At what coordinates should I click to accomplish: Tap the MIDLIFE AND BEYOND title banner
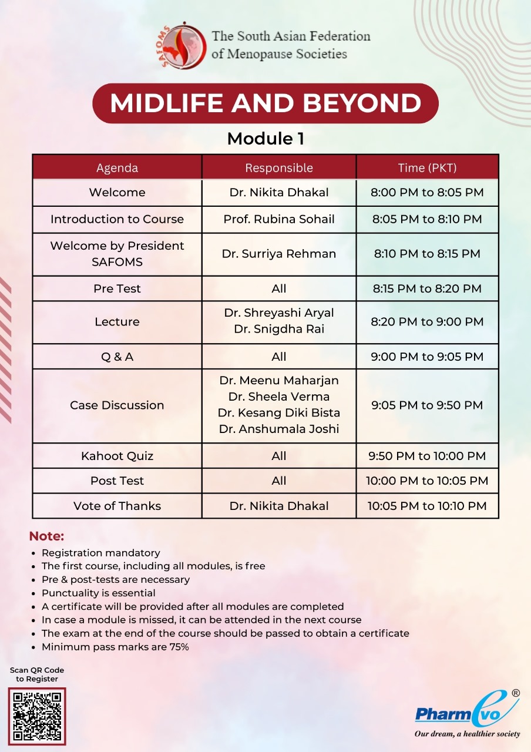(265, 103)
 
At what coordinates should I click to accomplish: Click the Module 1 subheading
(265, 139)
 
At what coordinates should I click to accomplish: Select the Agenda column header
(117, 167)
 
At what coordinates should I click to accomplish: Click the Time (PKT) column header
(427, 167)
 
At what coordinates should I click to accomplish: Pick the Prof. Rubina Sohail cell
(279, 219)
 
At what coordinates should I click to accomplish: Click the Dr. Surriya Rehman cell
(279, 254)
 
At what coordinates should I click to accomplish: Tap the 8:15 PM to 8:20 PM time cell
(427, 288)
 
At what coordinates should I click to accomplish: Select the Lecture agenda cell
(117, 322)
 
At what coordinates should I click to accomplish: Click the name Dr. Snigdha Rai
(279, 329)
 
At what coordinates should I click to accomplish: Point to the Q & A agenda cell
(117, 357)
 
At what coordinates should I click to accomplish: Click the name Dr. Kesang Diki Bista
(279, 412)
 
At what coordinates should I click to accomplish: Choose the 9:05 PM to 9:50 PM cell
(427, 405)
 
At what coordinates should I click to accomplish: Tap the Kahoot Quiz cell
(117, 456)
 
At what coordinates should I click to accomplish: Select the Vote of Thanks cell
(117, 506)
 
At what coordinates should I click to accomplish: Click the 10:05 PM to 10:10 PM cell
(427, 506)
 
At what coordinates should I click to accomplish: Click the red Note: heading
(46, 536)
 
